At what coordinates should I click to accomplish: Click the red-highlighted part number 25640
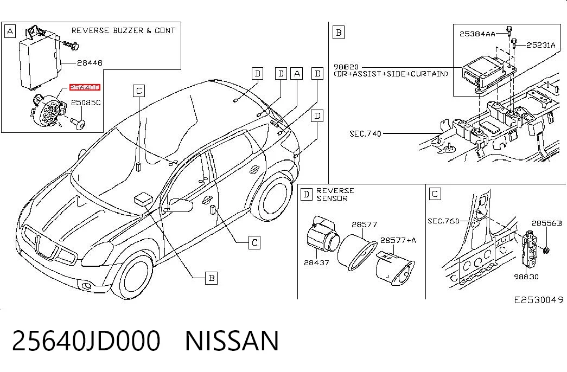(85, 87)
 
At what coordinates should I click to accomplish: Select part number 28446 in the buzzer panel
(90, 63)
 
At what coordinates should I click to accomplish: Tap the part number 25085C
(86, 102)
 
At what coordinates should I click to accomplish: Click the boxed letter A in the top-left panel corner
(10, 31)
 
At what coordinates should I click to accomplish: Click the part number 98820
(346, 67)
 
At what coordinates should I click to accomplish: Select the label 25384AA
(477, 34)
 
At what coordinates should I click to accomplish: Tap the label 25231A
(540, 45)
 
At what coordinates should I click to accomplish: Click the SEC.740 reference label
(365, 134)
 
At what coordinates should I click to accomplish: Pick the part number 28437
(316, 263)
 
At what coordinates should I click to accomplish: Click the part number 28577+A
(398, 240)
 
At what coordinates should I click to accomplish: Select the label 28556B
(547, 223)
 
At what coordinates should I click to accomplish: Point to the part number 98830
(526, 277)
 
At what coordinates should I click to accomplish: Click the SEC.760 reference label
(443, 221)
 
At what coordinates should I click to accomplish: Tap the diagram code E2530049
(539, 300)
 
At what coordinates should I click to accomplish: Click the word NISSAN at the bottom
(232, 341)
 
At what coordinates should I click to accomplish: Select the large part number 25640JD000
(86, 341)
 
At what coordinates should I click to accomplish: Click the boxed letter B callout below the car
(212, 278)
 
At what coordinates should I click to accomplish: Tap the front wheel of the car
(132, 274)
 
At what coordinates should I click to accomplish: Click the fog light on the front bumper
(87, 287)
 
